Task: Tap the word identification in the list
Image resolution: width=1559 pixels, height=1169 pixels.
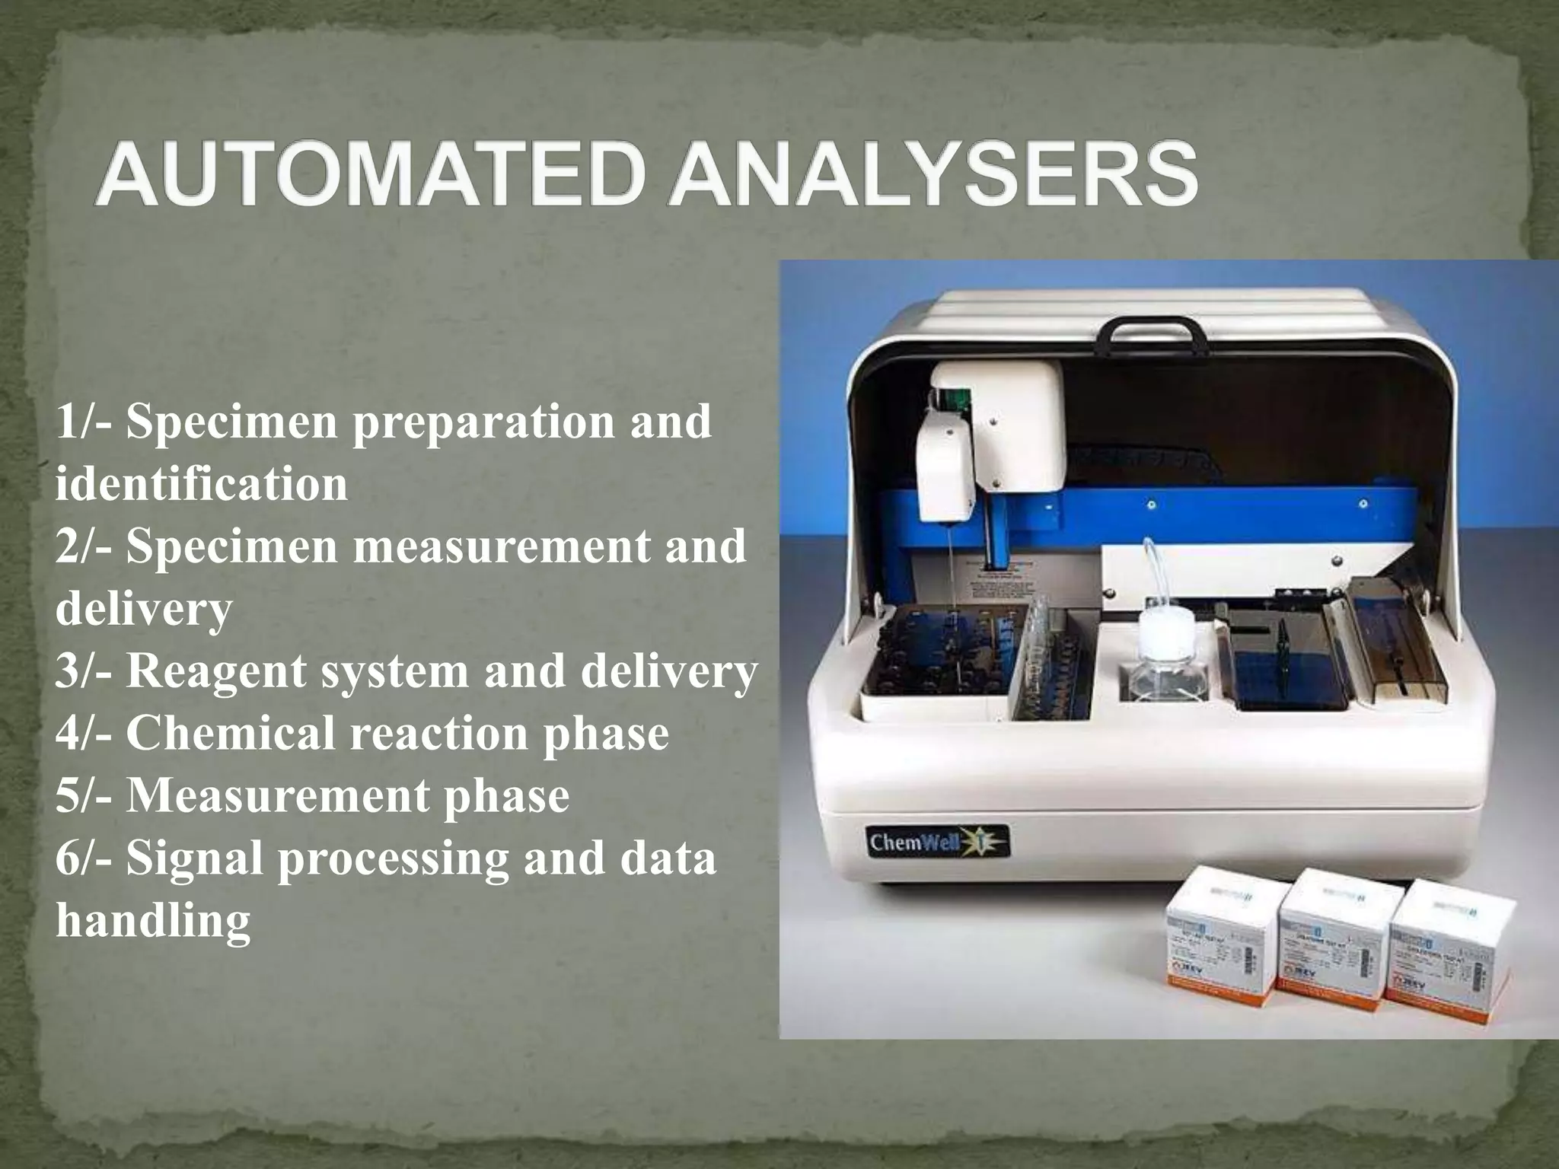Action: pyautogui.click(x=201, y=484)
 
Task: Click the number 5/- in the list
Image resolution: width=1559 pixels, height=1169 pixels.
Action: pyautogui.click(x=84, y=796)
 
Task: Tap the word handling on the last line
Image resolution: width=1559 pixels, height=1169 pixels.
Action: pyautogui.click(x=152, y=921)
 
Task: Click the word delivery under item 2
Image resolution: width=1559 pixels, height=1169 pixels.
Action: pyautogui.click(x=143, y=609)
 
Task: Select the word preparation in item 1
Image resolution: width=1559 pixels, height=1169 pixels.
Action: pyautogui.click(x=483, y=422)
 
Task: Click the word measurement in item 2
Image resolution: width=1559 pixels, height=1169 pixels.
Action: pyautogui.click(x=502, y=546)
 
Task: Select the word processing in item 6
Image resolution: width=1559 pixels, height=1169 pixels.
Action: pyautogui.click(x=393, y=858)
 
